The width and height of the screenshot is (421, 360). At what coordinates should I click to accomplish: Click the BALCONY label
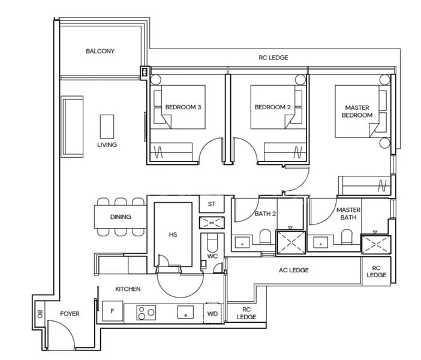(100, 52)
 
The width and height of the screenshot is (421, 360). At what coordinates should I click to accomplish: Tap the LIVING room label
(107, 145)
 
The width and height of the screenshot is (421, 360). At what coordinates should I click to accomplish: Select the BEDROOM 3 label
(183, 107)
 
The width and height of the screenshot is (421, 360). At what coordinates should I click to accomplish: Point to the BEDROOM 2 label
(272, 107)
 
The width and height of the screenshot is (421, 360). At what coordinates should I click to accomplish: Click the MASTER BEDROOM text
(358, 112)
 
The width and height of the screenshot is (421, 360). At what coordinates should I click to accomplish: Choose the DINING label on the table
(121, 217)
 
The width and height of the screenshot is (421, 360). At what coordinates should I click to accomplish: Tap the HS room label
(173, 235)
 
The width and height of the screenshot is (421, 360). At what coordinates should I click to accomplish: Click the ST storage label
(212, 205)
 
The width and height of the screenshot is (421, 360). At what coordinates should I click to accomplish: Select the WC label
(212, 256)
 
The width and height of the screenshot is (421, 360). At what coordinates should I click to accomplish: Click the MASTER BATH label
(348, 214)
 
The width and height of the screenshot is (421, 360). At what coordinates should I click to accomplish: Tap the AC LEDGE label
(294, 271)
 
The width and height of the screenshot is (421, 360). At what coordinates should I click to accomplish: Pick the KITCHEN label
(128, 289)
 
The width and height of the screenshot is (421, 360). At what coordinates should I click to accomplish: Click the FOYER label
(70, 314)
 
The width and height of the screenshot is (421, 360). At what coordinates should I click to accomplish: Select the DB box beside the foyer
(40, 314)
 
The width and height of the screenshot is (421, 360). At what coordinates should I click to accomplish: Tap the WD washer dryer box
(212, 313)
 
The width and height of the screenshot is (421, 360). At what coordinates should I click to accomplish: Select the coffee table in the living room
(107, 126)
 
